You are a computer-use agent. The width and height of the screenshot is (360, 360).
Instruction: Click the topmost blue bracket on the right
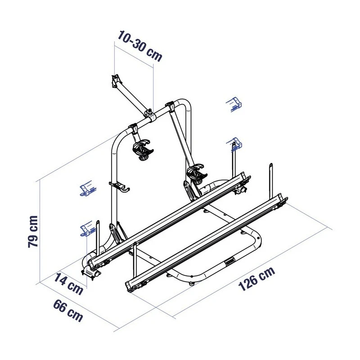(234, 103)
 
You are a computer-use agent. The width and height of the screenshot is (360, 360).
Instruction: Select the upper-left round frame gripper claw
(143, 150)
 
